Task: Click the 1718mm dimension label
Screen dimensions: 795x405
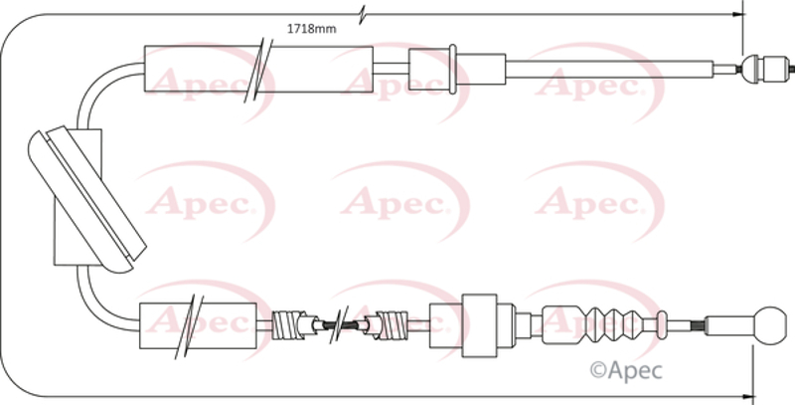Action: click(311, 29)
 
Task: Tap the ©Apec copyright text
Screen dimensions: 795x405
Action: click(626, 370)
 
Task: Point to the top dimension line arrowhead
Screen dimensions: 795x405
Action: click(739, 14)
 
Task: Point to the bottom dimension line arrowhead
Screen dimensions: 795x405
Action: click(748, 396)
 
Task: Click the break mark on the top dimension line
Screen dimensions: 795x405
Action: click(362, 14)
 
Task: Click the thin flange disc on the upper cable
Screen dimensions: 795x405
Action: click(453, 69)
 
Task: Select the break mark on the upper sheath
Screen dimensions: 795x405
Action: click(258, 70)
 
